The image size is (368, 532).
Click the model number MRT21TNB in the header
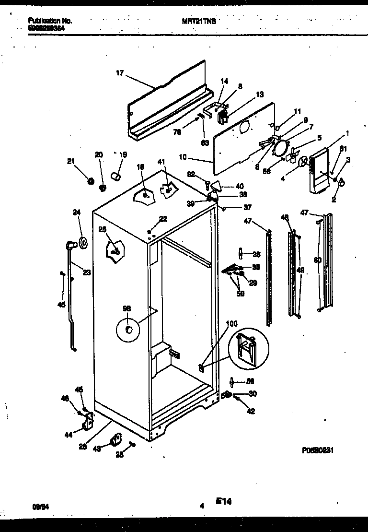tap(199, 21)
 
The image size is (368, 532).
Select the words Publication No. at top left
tap(50, 21)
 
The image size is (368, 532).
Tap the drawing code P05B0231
tap(317, 450)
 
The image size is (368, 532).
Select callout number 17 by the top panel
tap(120, 73)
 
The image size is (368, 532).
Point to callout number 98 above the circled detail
tap(126, 309)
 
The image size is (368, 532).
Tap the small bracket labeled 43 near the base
tap(115, 439)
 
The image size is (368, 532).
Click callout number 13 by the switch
tap(260, 95)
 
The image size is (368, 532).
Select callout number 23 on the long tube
tap(87, 272)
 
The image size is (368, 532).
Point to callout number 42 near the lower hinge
tap(251, 411)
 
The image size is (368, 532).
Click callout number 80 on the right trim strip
tap(317, 260)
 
